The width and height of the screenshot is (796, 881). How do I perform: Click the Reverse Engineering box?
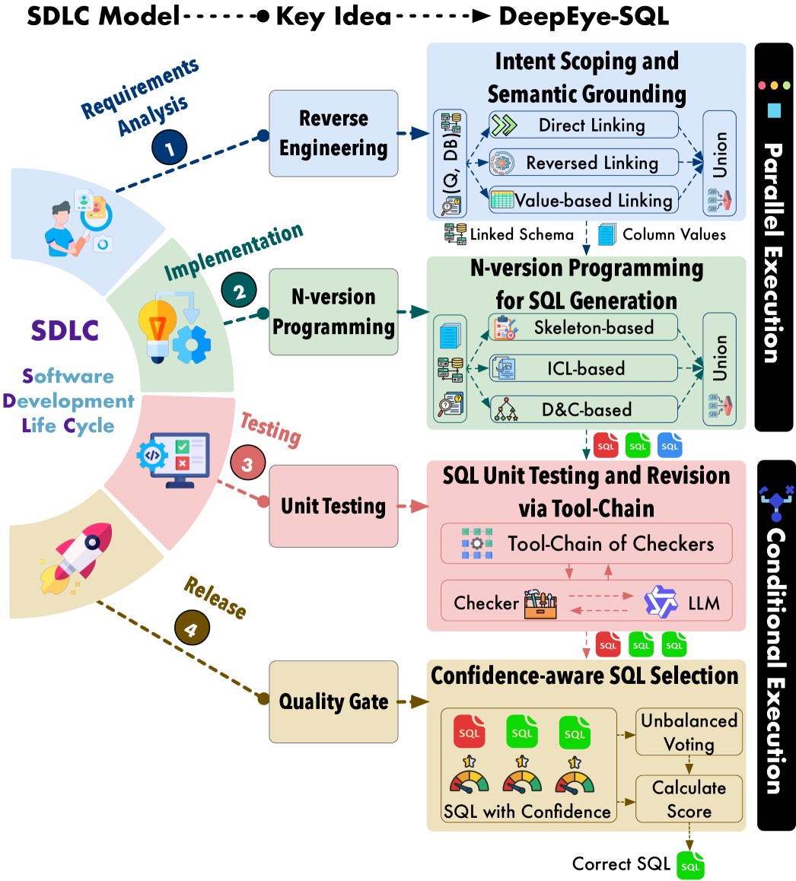[333, 133]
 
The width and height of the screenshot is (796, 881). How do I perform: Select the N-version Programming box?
[333, 311]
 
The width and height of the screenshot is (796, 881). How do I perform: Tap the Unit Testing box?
[333, 506]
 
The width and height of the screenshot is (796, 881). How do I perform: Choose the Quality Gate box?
[333, 701]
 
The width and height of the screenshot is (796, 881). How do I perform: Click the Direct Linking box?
[583, 126]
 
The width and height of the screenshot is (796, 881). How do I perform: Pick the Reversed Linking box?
[583, 162]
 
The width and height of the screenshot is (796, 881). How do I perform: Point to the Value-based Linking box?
[583, 200]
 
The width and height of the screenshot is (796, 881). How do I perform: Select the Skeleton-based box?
[583, 328]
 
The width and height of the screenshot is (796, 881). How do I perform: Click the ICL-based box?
[583, 368]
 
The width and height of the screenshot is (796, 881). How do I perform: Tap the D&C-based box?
[583, 409]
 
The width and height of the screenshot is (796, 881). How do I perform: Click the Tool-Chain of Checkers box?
[586, 543]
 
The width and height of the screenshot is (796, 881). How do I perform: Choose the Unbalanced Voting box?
[689, 732]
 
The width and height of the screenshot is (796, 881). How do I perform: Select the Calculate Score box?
[689, 799]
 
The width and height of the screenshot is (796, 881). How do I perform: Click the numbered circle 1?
[170, 148]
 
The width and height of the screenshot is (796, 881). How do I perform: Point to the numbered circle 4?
[191, 628]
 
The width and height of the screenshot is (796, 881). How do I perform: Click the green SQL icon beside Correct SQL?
[690, 866]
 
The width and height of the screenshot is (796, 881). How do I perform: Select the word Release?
[215, 599]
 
